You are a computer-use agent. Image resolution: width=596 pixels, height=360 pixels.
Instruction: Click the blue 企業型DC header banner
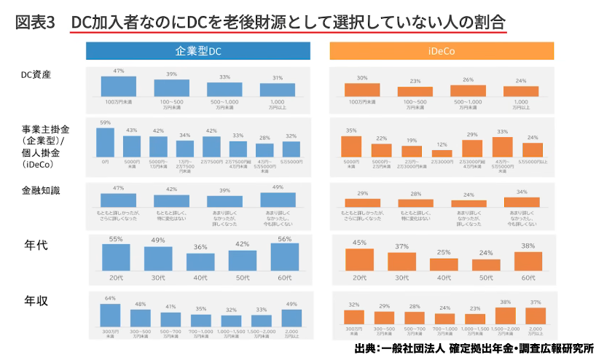(197, 51)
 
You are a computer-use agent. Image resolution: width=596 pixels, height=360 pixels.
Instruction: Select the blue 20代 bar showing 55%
(116, 258)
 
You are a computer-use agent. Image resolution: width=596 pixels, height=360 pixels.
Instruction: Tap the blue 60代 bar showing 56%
(284, 257)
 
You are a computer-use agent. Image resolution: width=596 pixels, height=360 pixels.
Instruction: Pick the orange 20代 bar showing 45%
(359, 260)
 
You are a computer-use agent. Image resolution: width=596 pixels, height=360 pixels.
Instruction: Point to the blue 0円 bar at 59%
(106, 142)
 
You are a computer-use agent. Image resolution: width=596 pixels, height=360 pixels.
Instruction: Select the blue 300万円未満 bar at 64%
(110, 315)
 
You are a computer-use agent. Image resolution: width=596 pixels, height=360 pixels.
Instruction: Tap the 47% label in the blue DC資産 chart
(119, 71)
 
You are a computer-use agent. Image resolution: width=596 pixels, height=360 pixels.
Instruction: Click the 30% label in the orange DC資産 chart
(361, 78)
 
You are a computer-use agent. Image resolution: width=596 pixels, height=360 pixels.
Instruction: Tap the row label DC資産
(36, 74)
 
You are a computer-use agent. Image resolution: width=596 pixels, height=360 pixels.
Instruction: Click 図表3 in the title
(35, 22)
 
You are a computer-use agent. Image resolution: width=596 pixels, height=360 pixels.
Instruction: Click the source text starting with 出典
(474, 349)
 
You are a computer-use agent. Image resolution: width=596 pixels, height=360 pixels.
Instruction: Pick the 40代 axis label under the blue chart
(200, 278)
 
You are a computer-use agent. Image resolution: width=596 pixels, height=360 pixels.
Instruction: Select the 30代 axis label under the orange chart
(401, 278)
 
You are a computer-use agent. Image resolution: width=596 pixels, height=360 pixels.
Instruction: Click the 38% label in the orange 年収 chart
(505, 302)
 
